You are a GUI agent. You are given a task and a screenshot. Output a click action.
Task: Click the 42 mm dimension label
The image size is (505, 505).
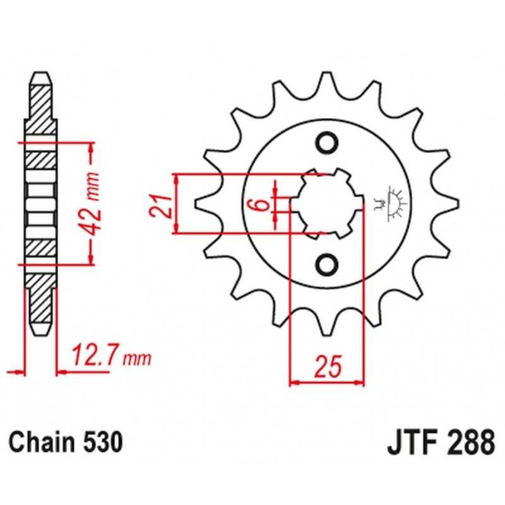[x=91, y=205]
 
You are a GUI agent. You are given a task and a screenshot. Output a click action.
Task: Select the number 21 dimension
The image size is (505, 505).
[x=160, y=206]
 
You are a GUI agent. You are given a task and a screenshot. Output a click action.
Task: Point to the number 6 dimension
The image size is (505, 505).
[x=263, y=204]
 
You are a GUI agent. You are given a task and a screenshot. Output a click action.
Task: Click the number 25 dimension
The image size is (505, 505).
[x=328, y=367]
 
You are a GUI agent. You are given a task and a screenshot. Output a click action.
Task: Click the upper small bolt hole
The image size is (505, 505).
[x=328, y=143]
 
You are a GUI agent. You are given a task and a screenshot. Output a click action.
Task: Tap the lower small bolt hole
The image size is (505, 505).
[x=328, y=264]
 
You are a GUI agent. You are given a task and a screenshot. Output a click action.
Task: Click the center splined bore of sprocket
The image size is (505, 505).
[x=331, y=203]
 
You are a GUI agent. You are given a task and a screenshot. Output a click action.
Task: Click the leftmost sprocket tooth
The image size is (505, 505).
[x=206, y=203]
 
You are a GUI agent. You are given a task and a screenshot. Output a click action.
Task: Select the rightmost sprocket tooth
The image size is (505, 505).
[x=448, y=203]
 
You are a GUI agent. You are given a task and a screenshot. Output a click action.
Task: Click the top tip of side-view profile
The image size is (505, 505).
[x=41, y=73]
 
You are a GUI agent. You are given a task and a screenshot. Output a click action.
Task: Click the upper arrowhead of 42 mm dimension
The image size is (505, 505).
[x=91, y=148]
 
